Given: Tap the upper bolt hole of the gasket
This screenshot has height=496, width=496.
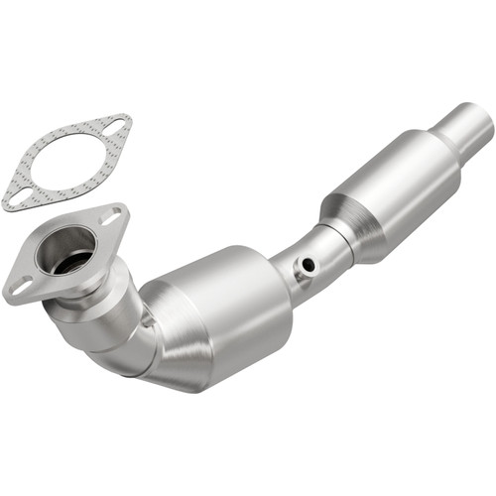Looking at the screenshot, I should coord(117,127).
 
